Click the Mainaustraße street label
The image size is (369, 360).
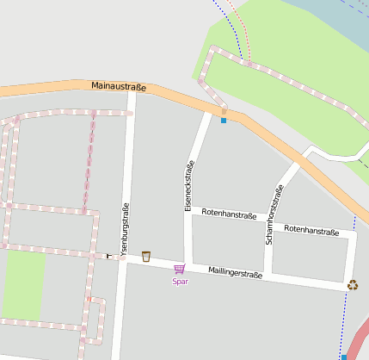point(119,87)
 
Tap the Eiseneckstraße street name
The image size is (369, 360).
point(188,186)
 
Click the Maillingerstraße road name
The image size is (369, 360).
point(235,273)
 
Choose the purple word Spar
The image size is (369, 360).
point(180,281)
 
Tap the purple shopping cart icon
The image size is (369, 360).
point(179,269)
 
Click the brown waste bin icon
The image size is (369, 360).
point(146,256)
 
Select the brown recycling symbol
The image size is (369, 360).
point(353,284)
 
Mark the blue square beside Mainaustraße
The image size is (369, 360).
point(224,121)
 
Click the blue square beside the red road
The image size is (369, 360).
point(344,357)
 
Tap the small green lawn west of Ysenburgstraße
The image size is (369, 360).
point(23,284)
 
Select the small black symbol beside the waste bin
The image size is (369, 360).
point(108,256)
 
